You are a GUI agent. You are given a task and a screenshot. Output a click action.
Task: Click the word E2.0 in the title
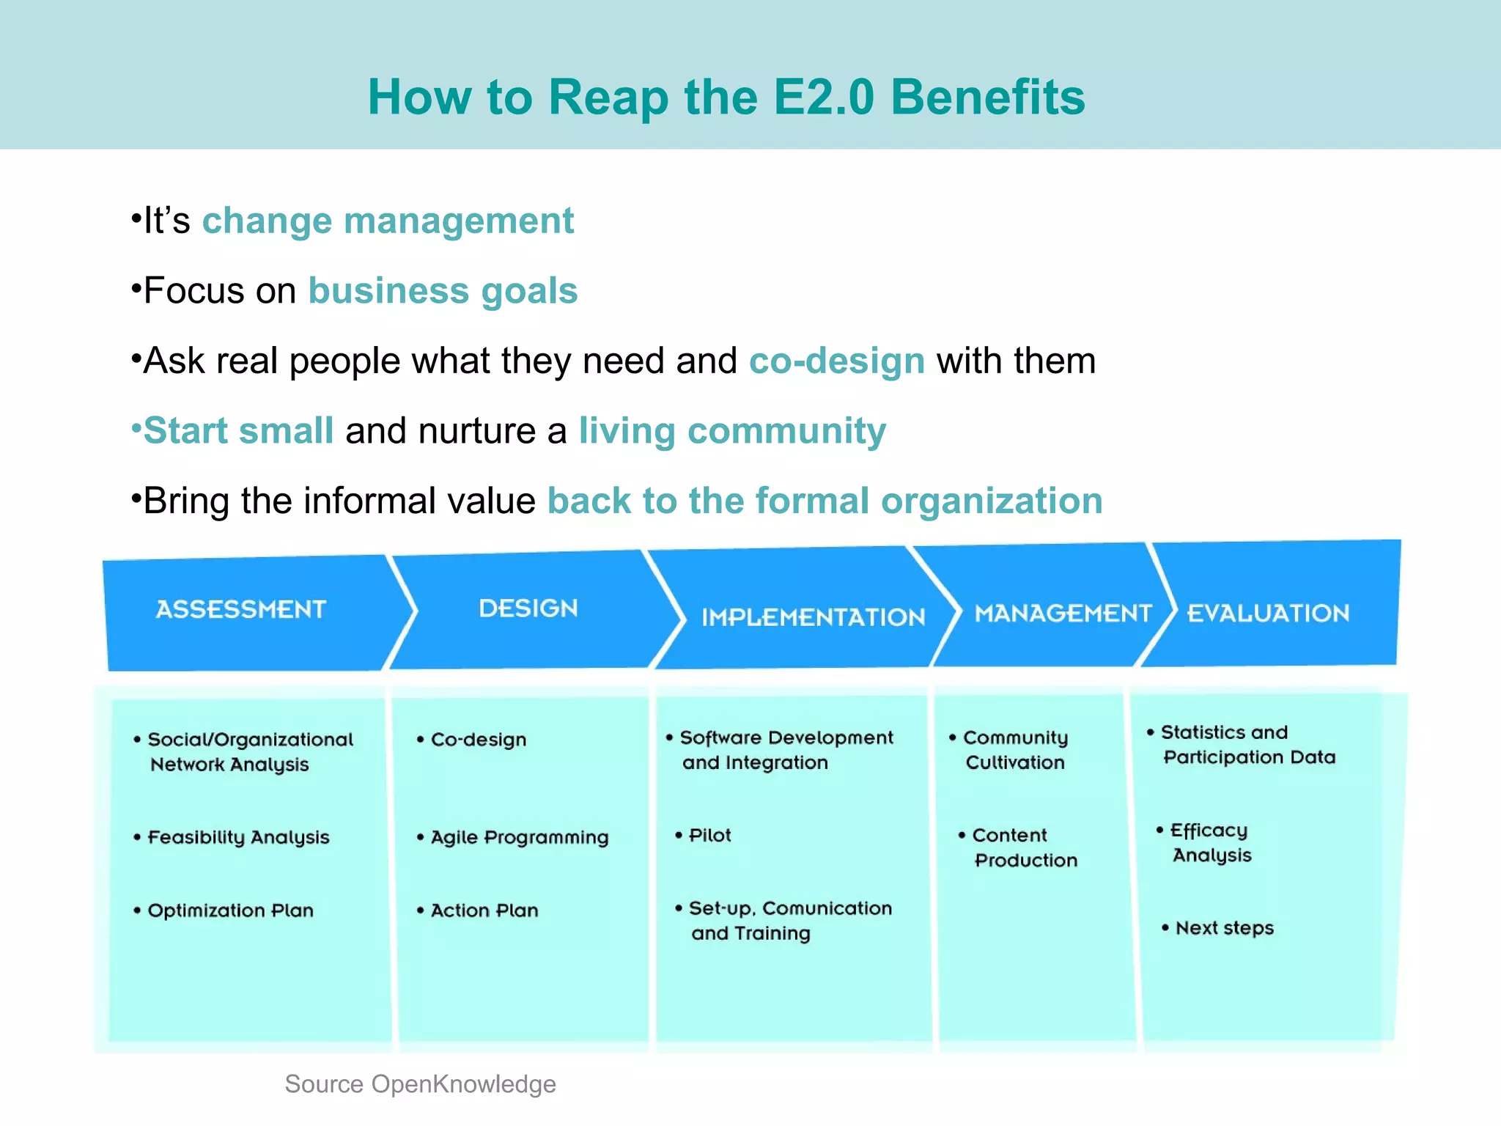824,97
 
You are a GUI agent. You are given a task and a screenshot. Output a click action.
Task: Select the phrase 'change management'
388,221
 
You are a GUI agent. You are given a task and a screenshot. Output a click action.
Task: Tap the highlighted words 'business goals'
443,291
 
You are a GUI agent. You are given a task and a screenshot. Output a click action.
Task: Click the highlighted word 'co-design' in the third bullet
836,361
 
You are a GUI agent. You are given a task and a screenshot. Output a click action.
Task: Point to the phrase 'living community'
732,431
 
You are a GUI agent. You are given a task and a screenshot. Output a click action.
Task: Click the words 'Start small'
239,431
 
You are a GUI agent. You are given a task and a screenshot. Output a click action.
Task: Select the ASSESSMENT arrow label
240,609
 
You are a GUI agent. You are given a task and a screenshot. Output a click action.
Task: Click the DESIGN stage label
528,608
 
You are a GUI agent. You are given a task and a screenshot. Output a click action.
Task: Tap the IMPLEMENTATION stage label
813,617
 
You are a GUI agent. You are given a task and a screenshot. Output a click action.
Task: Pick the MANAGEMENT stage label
1063,613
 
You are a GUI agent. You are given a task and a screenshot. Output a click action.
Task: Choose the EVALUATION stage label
1268,613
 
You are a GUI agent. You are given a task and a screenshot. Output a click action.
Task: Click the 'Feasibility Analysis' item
238,837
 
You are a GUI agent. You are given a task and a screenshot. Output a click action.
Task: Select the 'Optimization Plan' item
230,910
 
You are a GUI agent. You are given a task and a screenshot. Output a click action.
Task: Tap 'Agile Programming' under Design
519,837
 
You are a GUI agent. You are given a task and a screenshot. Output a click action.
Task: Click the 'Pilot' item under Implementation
709,836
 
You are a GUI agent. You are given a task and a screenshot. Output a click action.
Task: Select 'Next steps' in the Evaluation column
1224,928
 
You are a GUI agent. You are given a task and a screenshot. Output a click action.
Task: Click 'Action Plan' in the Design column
484,910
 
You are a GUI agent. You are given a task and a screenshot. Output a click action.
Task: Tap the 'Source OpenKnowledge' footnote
420,1083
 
